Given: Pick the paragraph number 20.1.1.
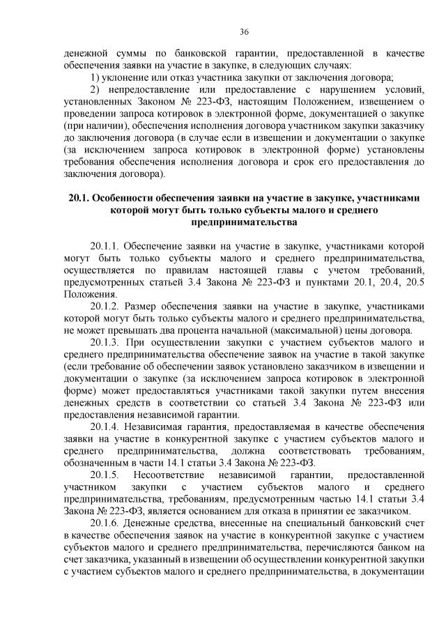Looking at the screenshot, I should pos(105,247).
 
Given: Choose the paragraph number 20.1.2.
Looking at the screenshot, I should pos(105,305).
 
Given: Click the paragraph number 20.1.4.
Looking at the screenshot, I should pos(105,425).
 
